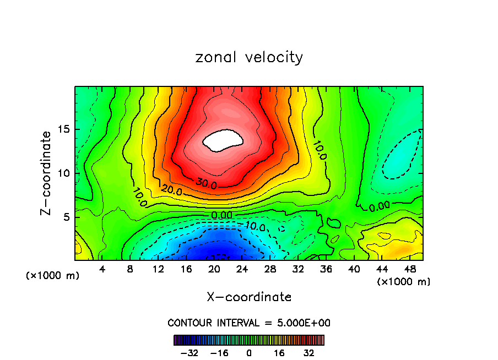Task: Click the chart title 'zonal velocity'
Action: (x=249, y=57)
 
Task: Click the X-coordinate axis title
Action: (x=249, y=297)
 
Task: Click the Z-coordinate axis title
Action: (x=47, y=173)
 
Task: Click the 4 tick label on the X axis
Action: (x=102, y=269)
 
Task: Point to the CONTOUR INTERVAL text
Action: (x=249, y=323)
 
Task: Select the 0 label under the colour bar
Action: (x=249, y=353)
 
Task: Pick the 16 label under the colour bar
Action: (x=279, y=353)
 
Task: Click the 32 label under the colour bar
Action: (x=309, y=353)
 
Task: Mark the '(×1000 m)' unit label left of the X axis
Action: (x=53, y=275)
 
